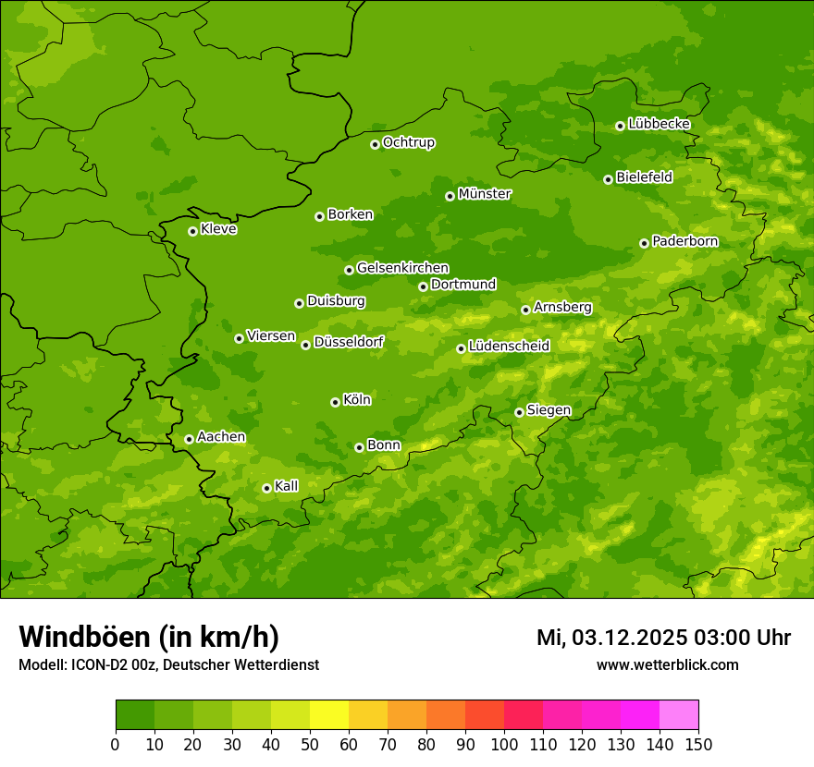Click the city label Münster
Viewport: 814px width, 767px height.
[485, 194]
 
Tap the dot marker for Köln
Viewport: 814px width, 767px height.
[335, 402]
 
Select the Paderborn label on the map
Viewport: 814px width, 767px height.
[684, 241]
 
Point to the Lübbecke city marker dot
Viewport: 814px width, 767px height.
[620, 126]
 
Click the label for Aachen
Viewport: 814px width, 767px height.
[221, 437]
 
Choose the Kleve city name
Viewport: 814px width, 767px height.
[218, 229]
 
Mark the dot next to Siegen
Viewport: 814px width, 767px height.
[519, 412]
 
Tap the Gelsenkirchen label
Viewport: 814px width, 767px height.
[402, 268]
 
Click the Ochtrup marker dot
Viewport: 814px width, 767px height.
[375, 144]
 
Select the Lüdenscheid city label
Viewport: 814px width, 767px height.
[509, 347]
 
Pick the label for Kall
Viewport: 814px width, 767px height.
[286, 486]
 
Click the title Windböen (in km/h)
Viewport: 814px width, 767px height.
[149, 637]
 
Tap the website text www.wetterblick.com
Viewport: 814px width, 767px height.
[667, 665]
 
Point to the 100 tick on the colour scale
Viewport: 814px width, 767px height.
[504, 745]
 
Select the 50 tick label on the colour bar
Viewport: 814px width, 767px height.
[310, 745]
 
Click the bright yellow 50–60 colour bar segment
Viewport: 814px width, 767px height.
[329, 715]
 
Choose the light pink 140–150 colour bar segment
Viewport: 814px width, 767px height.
[679, 715]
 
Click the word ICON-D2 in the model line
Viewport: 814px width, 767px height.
[97, 665]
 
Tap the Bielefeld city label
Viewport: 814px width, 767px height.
[644, 177]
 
